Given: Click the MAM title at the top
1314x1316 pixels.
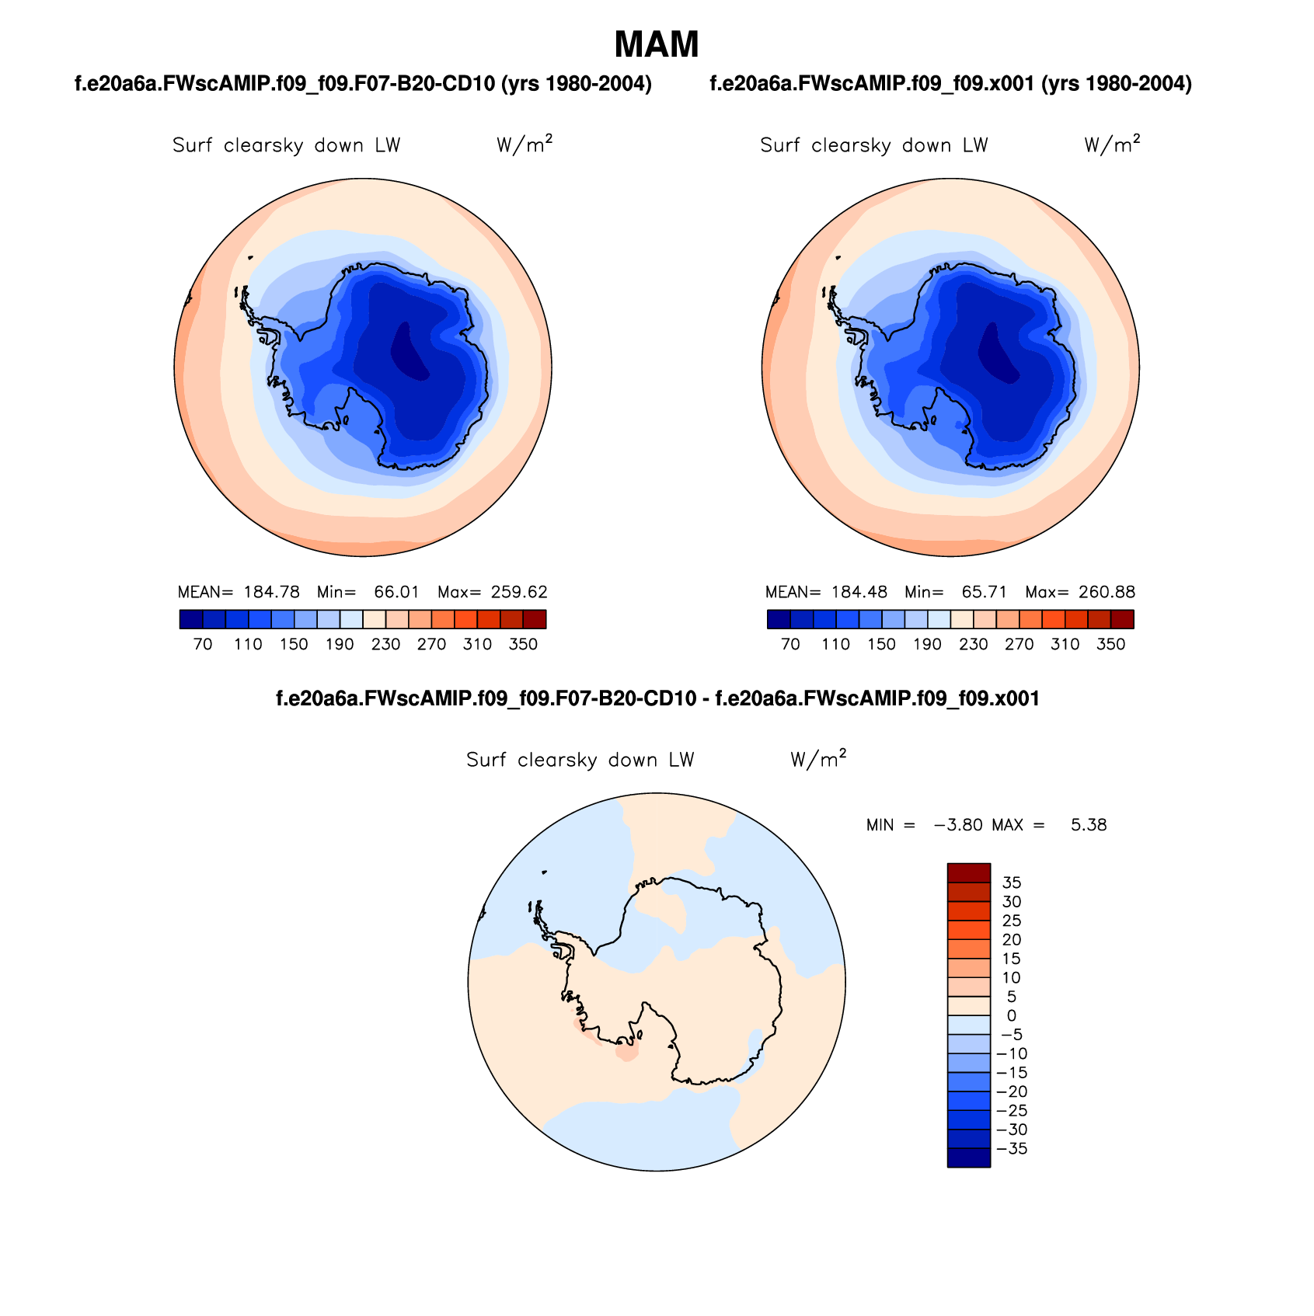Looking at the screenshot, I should click(x=657, y=45).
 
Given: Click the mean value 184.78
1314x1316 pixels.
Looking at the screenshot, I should click(x=271, y=592).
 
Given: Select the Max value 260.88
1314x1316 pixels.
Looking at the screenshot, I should click(x=1107, y=592).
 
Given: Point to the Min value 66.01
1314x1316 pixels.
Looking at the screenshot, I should click(x=396, y=592).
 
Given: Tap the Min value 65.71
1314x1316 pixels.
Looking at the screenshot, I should click(x=984, y=592).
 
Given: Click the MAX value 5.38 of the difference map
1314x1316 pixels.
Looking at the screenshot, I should click(x=1088, y=825).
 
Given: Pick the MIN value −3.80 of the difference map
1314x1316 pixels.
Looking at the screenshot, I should click(x=958, y=825).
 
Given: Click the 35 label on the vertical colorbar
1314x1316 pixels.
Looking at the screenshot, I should click(x=1012, y=883).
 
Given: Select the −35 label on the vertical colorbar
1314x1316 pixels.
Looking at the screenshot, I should click(x=1012, y=1149).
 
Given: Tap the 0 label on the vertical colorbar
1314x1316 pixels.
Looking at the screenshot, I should click(x=1011, y=1016).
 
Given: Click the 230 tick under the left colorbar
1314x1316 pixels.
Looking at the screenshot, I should click(x=385, y=645).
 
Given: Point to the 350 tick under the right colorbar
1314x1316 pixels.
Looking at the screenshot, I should click(x=1110, y=645).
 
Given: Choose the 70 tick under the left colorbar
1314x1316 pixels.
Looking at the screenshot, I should click(x=203, y=645).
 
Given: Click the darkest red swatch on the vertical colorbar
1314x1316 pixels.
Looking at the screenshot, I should click(x=968, y=872).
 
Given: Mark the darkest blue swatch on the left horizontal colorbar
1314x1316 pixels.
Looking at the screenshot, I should click(x=190, y=619).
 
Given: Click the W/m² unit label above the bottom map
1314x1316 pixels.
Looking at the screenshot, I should click(x=817, y=759).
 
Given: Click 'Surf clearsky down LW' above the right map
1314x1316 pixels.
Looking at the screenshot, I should click(x=873, y=145).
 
